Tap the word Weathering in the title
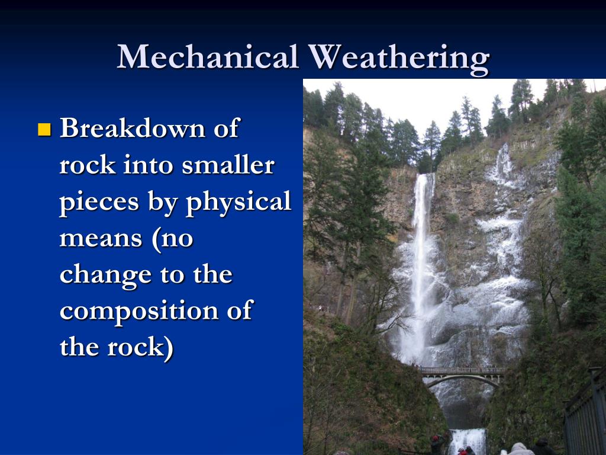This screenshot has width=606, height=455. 399,59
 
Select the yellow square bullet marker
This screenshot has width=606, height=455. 44,130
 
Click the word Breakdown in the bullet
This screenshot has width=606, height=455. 133,127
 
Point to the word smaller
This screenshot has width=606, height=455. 228,165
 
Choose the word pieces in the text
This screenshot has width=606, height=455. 99,202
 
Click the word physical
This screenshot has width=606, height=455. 238,201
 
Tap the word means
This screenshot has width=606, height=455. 101,238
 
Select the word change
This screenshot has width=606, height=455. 105,275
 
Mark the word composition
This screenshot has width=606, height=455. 139,312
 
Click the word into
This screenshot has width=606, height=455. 148,165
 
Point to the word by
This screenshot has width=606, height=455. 162,202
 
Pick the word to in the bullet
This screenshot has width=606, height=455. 172,275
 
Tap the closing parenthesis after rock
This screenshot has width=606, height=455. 169,348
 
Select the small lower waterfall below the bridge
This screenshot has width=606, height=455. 468,441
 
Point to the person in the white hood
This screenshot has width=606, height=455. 518,449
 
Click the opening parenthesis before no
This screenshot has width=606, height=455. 156,239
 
